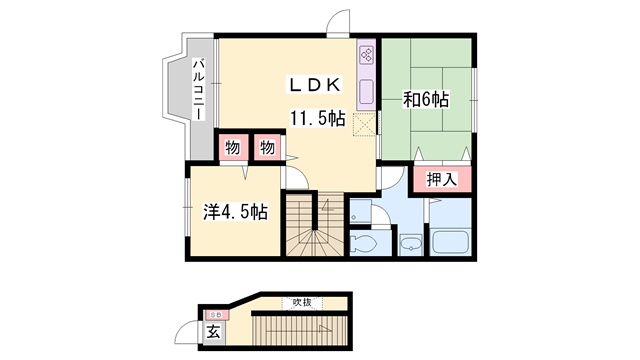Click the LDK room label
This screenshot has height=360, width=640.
click(x=315, y=85)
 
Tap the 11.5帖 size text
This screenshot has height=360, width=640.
click(x=318, y=119)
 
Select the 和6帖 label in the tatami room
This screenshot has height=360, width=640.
click(x=426, y=100)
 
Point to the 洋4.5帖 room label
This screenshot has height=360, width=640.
click(x=236, y=212)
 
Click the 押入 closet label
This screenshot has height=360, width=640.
click(x=442, y=179)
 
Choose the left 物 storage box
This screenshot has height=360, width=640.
click(x=233, y=147)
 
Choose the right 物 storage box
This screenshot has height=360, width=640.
click(x=267, y=147)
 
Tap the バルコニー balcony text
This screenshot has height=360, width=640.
click(x=200, y=89)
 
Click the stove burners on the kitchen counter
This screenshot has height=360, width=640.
click(x=366, y=54)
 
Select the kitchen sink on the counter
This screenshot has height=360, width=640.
click(x=366, y=91)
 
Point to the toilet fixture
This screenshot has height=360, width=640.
click(x=364, y=244)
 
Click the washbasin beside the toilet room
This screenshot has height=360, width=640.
click(x=411, y=244)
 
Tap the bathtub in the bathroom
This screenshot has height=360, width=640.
click(x=451, y=242)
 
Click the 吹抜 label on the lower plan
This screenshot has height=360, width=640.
click(x=302, y=302)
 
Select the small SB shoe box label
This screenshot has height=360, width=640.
click(x=216, y=315)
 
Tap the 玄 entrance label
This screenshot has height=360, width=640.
click(x=213, y=331)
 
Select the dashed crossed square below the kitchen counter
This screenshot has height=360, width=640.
click(x=364, y=124)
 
